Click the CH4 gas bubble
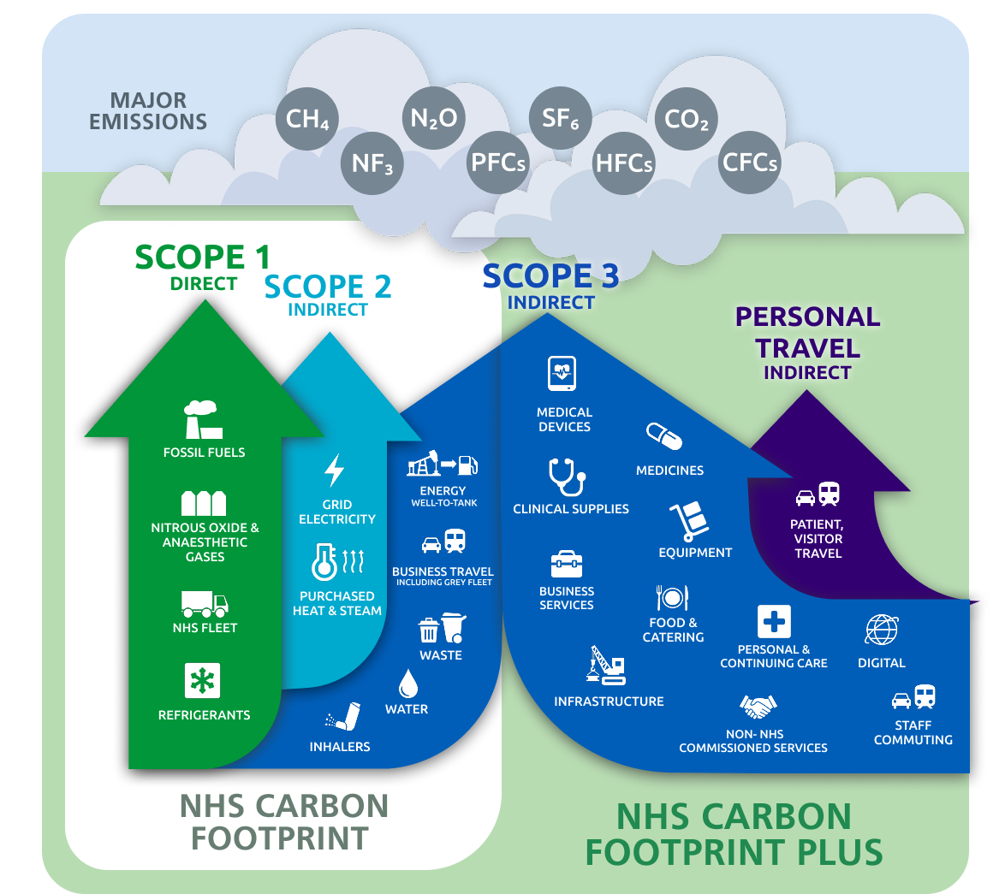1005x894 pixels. [307, 118]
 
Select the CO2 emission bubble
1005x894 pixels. [687, 119]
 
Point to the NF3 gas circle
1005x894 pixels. [372, 162]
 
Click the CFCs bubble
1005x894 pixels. [749, 162]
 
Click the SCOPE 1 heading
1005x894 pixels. [203, 257]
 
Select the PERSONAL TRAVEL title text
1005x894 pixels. [807, 333]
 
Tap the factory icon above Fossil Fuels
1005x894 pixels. [203, 420]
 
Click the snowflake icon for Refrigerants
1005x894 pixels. [203, 681]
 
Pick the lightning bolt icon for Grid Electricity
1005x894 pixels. [334, 471]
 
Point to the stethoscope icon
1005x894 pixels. [566, 477]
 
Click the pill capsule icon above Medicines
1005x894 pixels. [664, 435]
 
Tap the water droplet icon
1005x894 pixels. [407, 683]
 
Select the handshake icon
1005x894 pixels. [757, 707]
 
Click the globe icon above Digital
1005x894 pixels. [882, 630]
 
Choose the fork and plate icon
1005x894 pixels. [672, 597]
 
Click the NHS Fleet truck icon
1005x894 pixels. [205, 603]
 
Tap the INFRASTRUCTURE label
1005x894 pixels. [609, 702]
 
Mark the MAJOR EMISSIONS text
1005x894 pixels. [148, 111]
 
